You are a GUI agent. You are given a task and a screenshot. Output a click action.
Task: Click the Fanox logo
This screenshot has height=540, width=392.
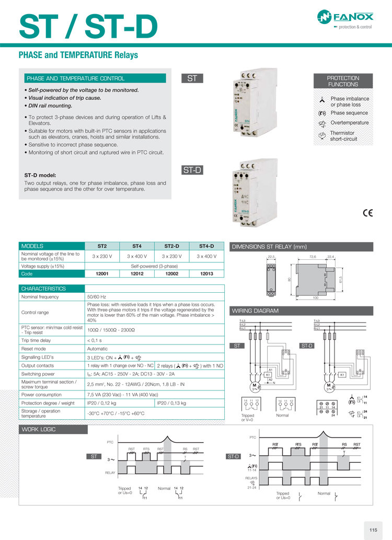coord(344,19)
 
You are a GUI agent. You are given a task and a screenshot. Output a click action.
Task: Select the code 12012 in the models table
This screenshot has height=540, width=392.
coord(137,273)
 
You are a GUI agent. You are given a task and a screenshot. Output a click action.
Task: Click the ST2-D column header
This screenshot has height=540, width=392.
coord(172,246)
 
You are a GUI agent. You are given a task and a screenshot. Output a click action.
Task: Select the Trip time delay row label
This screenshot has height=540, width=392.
coord(38,340)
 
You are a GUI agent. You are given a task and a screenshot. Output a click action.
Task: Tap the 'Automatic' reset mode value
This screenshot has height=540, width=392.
coord(98,348)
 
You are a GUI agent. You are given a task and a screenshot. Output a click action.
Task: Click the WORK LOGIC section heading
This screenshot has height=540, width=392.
coord(38,429)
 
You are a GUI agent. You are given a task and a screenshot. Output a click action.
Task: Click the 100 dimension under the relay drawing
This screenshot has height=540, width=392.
coord(315,297)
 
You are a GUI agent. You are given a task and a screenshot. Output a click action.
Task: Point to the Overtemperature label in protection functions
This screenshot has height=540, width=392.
coord(349,122)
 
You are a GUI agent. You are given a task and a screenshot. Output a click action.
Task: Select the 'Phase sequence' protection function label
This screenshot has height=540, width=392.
coord(349,113)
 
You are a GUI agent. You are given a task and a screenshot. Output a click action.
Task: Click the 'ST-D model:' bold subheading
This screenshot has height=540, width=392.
coord(40,175)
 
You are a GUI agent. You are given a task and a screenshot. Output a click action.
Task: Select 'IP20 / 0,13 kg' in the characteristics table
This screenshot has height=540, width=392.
coord(171,403)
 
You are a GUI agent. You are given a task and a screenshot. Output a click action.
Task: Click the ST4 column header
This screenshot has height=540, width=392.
coord(137,246)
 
